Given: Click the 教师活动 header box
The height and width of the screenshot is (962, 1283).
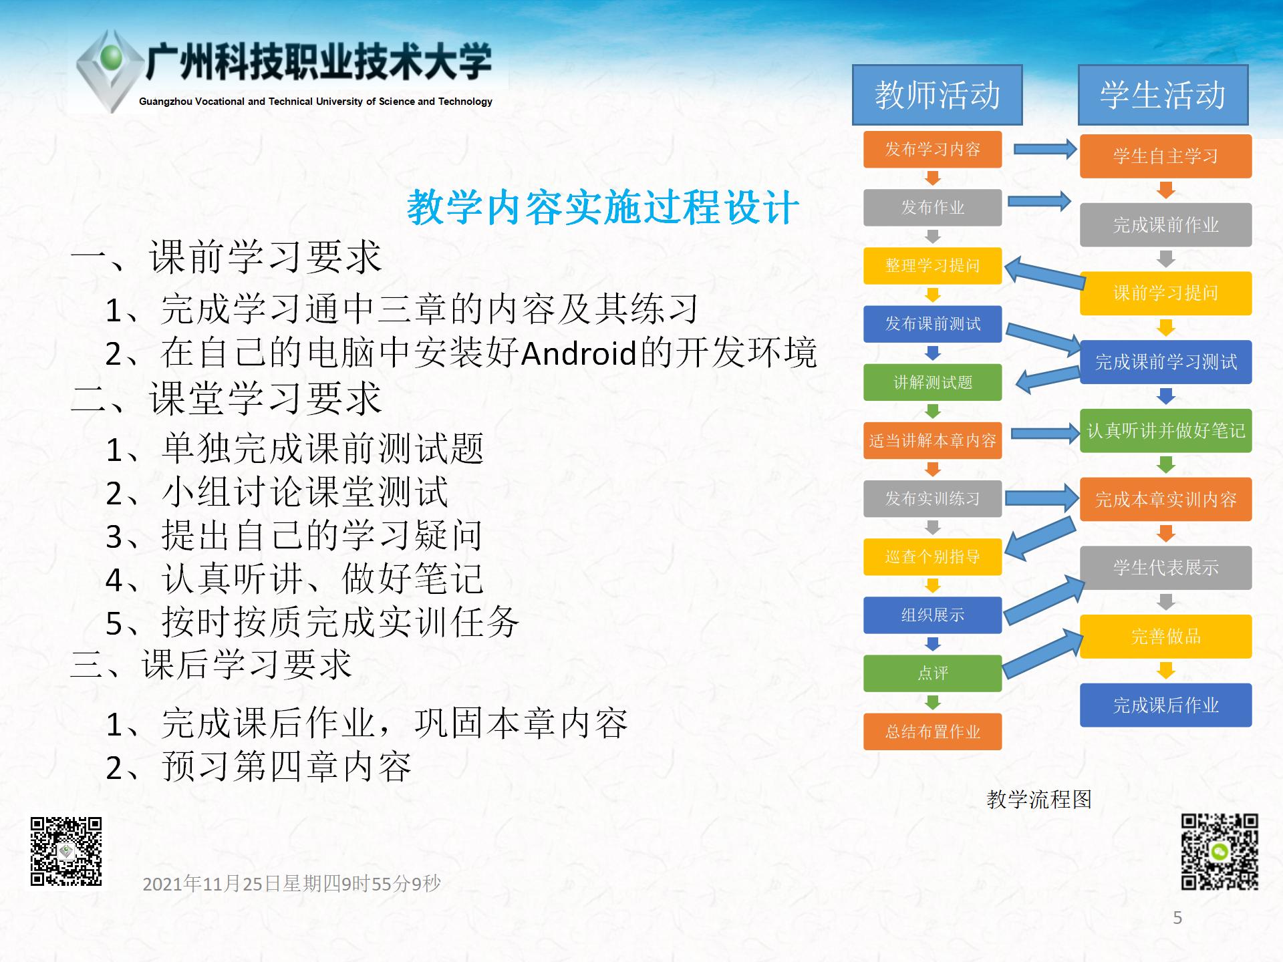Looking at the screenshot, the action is pos(937,95).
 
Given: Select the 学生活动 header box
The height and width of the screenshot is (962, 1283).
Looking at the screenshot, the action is pos(1163,95).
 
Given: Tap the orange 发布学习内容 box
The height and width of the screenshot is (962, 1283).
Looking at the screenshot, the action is pos(932,149).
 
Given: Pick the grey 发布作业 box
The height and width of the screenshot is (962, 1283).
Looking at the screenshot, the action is pos(932,208).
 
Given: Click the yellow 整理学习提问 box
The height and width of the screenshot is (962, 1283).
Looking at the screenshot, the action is pos(932,266).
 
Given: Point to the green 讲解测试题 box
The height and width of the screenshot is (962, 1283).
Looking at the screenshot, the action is pos(932,382).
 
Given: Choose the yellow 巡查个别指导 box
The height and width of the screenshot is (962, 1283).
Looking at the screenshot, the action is pos(932,556).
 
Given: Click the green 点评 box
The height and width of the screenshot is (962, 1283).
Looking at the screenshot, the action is pos(932,673).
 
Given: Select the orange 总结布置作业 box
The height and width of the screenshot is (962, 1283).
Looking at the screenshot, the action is pos(932,732).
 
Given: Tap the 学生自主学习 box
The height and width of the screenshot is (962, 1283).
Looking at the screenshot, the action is pos(1165,156).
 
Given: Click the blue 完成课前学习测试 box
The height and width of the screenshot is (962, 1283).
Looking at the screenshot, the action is pos(1165,362).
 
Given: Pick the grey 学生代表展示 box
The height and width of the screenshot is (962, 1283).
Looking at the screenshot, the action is pos(1165,568).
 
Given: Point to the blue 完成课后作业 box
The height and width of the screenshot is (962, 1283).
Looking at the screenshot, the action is pos(1165,705).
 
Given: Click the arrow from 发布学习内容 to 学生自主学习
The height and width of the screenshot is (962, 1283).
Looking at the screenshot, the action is pos(1045,149).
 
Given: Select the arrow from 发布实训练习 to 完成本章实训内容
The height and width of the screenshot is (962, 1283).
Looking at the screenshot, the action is pos(1042,498).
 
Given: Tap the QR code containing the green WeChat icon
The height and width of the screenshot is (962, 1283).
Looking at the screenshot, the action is pos(1220,852).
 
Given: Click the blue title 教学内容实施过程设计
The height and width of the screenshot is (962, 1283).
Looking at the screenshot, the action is pos(603,207).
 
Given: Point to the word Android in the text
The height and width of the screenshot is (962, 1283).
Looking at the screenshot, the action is pos(578,353).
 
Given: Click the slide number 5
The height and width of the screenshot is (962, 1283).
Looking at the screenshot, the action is pos(1177,918).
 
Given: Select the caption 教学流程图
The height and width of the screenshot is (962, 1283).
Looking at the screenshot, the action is pos(1039,799).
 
